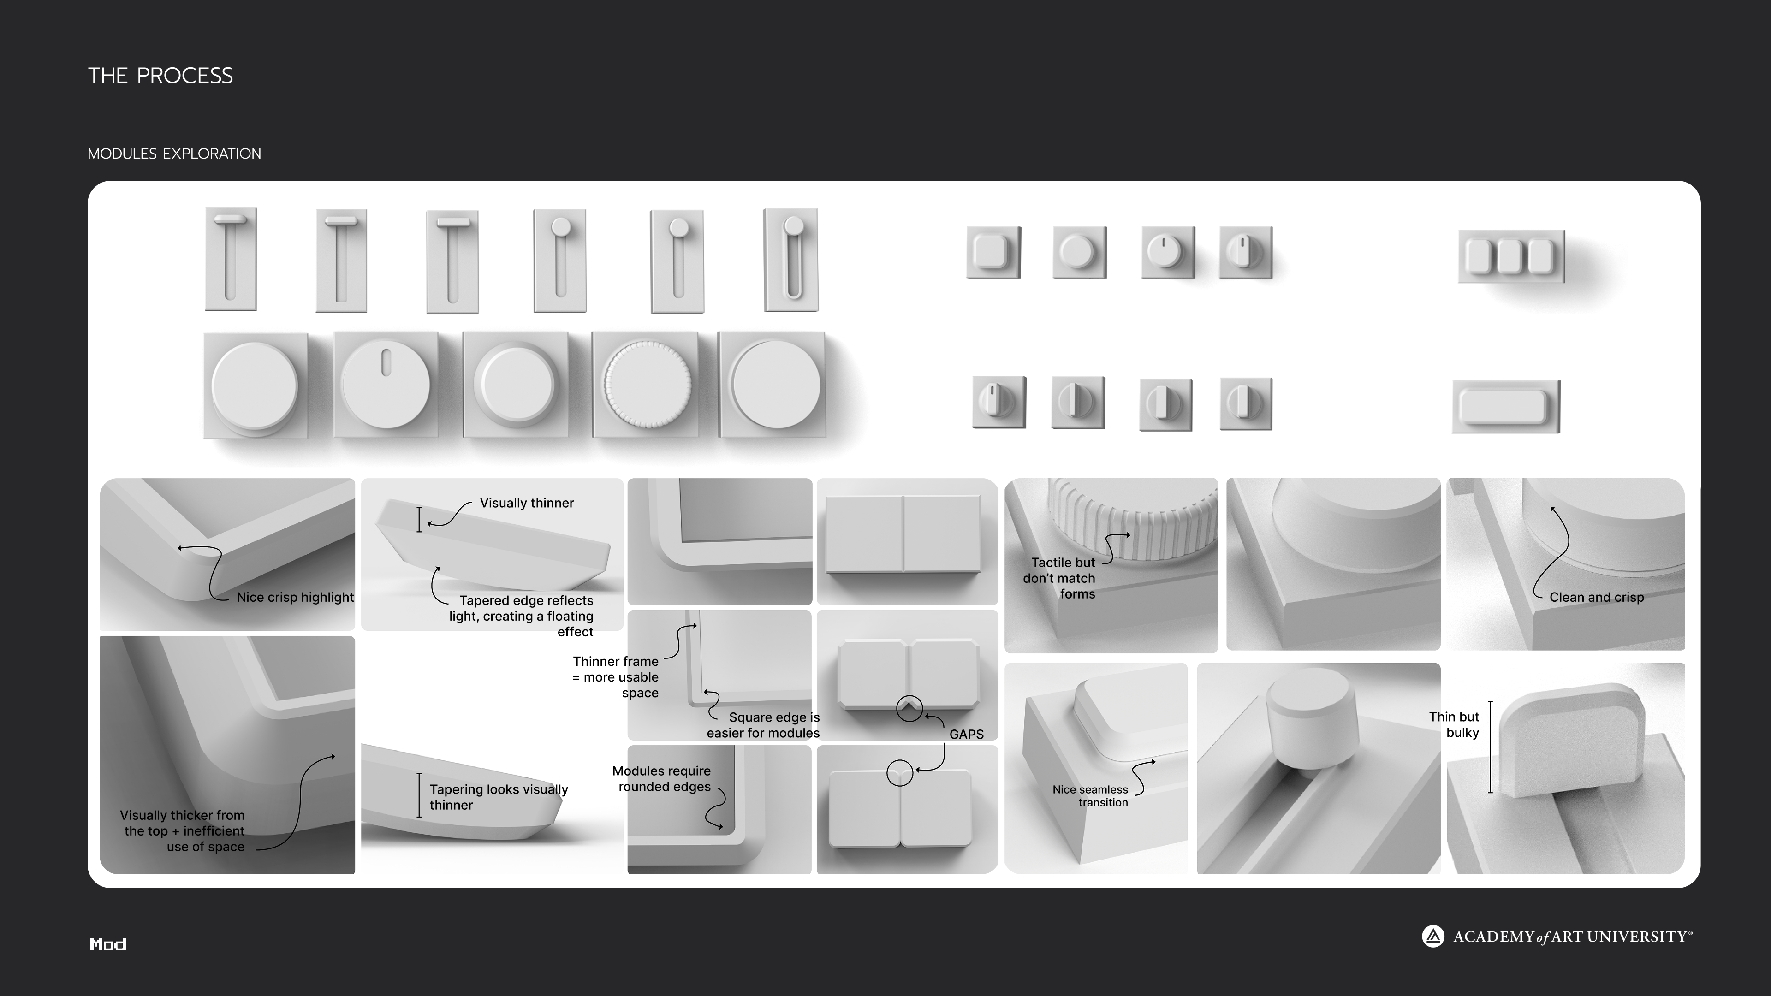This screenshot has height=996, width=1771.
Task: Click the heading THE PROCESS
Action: pyautogui.click(x=160, y=76)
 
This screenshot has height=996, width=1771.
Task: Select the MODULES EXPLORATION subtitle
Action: pyautogui.click(x=175, y=153)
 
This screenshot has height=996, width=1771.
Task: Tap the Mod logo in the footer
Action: pyautogui.click(x=108, y=944)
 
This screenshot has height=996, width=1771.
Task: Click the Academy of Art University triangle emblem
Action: pyautogui.click(x=1433, y=936)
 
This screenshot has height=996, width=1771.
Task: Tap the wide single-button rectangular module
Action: pyautogui.click(x=1506, y=407)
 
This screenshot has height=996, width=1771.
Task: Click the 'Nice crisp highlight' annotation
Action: pyautogui.click(x=295, y=597)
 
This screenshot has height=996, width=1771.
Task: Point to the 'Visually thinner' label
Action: pyautogui.click(x=527, y=503)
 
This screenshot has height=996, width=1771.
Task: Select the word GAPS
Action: pyautogui.click(x=967, y=734)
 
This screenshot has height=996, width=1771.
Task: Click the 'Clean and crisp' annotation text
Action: pyautogui.click(x=1596, y=597)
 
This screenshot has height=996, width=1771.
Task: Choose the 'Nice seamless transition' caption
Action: pyautogui.click(x=1090, y=796)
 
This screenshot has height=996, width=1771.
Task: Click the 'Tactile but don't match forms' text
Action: pyautogui.click(x=1059, y=578)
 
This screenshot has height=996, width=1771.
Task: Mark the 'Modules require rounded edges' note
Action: pyautogui.click(x=661, y=779)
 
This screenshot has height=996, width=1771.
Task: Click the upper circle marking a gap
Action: pyautogui.click(x=909, y=709)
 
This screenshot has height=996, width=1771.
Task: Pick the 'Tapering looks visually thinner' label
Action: pyautogui.click(x=499, y=797)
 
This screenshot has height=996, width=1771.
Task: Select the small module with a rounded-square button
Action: pyautogui.click(x=993, y=252)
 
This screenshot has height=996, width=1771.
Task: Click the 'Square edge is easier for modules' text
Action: pyautogui.click(x=763, y=725)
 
